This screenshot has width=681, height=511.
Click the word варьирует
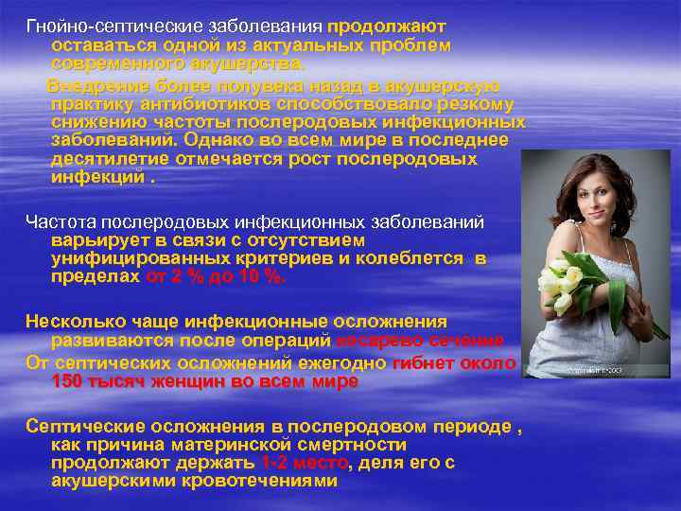point(99,240)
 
